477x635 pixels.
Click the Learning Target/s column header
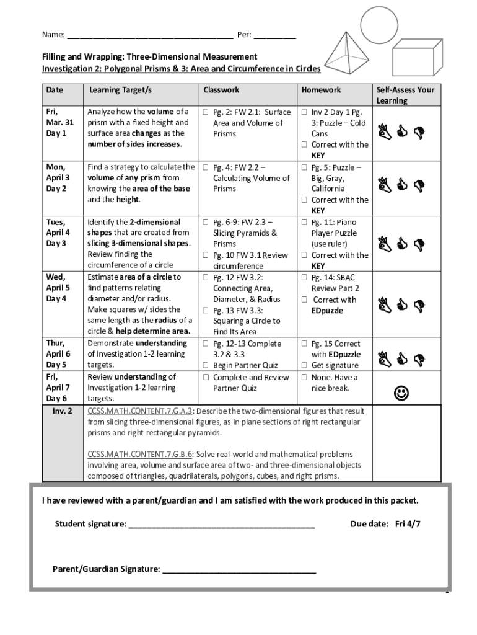coord(120,90)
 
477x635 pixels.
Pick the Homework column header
coord(321,90)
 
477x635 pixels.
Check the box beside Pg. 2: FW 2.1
coord(206,112)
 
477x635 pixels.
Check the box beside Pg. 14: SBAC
coord(304,278)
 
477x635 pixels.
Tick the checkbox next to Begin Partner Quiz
coord(206,365)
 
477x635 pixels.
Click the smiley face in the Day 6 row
coord(402,393)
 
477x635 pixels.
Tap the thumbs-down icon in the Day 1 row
coord(418,131)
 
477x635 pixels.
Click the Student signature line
coord(221,525)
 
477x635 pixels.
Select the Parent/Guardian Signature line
coord(239,570)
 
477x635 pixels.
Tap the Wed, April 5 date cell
coord(58,288)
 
